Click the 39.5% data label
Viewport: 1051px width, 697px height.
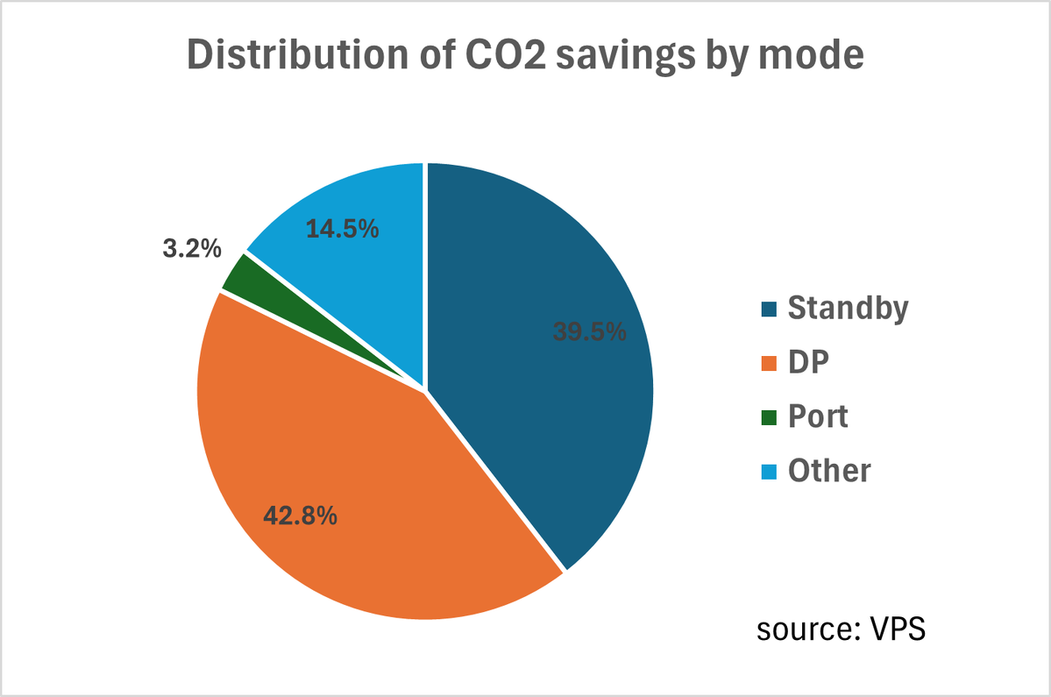tap(589, 331)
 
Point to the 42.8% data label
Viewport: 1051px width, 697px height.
tap(301, 515)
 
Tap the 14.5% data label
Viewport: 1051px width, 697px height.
tap(342, 229)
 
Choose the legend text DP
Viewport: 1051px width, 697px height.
tap(807, 362)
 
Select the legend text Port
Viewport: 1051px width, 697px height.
tap(818, 416)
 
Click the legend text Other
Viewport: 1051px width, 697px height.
tap(828, 471)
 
